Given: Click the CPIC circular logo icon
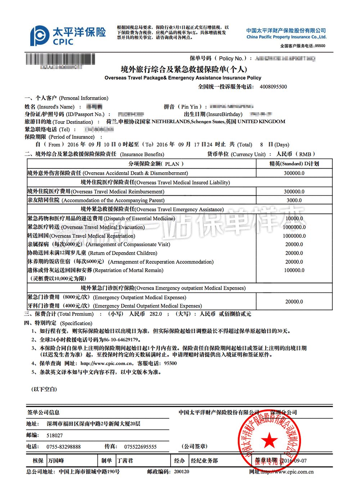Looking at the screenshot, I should pyautogui.click(x=40, y=36).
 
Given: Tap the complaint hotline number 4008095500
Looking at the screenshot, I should pyautogui.click(x=273, y=87).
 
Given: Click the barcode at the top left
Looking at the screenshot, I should pyautogui.click(x=60, y=59).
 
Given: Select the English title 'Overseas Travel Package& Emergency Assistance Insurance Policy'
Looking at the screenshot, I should pyautogui.click(x=183, y=78).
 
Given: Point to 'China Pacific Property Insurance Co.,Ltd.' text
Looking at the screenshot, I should pyautogui.click(x=286, y=37).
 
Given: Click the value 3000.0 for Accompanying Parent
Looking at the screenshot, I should pyautogui.click(x=294, y=200).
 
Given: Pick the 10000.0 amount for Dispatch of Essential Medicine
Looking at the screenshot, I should pyautogui.click(x=294, y=218).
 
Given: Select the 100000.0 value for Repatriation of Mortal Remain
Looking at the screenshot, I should pyautogui.click(x=294, y=270).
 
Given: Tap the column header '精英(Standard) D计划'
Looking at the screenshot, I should pyautogui.click(x=294, y=164).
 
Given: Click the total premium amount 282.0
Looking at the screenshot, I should pyautogui.click(x=156, y=314).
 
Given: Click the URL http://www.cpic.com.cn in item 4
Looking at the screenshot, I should pyautogui.click(x=107, y=363).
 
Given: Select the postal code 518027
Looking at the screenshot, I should pyautogui.click(x=55, y=435).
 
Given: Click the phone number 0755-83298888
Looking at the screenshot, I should pyautogui.click(x=64, y=447).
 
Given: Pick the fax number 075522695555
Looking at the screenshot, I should pyautogui.click(x=140, y=447).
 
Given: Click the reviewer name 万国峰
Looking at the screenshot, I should pyautogui.click(x=56, y=460).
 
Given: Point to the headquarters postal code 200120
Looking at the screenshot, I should pyautogui.click(x=181, y=472).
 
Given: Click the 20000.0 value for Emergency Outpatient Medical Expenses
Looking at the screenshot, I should pyautogui.click(x=294, y=301).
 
